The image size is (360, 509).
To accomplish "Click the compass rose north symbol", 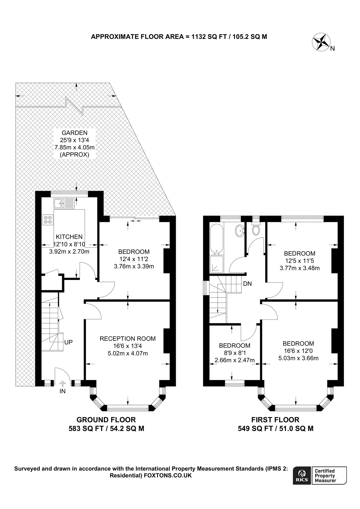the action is pyautogui.click(x=321, y=42).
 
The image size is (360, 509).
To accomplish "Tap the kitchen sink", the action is pyautogui.click(x=64, y=203).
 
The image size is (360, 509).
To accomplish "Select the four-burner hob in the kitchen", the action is pyautogui.click(x=48, y=220).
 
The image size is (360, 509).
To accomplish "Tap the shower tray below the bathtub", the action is pyautogui.click(x=217, y=264).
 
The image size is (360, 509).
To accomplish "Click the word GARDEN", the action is pyautogui.click(x=75, y=133).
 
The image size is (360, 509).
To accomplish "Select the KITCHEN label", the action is pyautogui.click(x=69, y=237).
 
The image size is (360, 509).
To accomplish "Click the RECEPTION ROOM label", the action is pyautogui.click(x=128, y=338).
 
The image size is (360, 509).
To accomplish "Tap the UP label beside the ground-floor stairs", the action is pyautogui.click(x=68, y=342).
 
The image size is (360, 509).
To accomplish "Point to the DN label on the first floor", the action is pyautogui.click(x=247, y=284).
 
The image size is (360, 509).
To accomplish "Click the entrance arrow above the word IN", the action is pyautogui.click(x=63, y=383).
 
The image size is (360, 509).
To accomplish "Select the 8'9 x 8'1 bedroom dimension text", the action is pyautogui.click(x=235, y=353).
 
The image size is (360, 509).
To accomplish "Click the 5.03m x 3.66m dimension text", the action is pyautogui.click(x=299, y=358).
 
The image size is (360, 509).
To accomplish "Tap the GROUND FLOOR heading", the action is pyautogui.click(x=106, y=420).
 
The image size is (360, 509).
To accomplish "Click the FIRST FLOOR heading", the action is pyautogui.click(x=275, y=420).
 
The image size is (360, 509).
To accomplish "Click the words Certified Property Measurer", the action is pyautogui.click(x=325, y=475).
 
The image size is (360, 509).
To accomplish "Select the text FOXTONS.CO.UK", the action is pyautogui.click(x=168, y=475).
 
